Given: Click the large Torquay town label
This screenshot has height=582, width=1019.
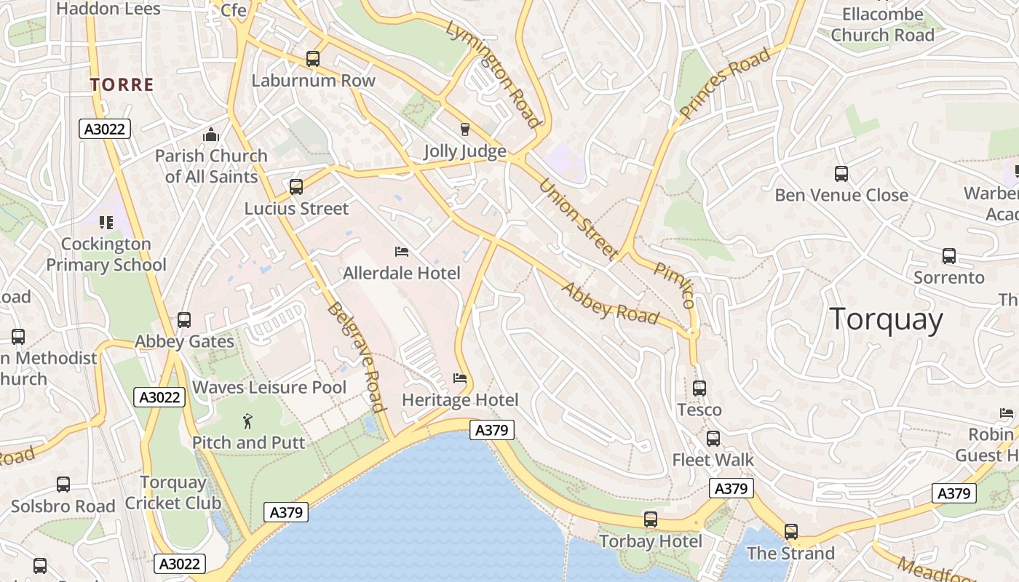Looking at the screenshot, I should coord(886,319).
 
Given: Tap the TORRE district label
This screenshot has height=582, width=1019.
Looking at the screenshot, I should coord(122,84).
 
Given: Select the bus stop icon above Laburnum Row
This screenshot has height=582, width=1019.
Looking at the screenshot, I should coord(313,59).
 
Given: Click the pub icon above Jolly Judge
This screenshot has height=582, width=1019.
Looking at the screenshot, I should coord(465,129).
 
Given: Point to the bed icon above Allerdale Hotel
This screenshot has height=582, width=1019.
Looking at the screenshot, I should coord(402,252).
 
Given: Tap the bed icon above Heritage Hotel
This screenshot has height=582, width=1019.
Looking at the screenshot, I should coord(460,378).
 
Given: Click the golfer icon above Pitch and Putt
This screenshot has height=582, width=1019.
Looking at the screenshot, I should coord(248,420).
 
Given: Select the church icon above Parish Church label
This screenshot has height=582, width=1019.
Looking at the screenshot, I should coord(211,135).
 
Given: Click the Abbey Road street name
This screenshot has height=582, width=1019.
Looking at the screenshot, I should coord(610,303).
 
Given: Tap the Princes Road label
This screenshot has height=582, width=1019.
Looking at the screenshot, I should coord(724,84).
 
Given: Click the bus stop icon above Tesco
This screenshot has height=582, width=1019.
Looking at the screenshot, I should coord(699,388).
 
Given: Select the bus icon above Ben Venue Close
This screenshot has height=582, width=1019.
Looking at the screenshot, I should coord(841,174).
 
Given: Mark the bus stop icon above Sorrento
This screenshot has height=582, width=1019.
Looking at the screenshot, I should coord(949,256).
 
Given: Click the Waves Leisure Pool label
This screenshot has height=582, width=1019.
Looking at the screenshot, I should coord(269,387).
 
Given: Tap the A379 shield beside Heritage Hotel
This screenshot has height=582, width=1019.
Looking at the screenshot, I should coord(491,430).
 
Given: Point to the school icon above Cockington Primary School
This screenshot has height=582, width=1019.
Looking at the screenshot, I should coord(106,222).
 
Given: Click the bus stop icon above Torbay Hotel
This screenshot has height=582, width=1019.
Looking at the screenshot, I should coord(651,519).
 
